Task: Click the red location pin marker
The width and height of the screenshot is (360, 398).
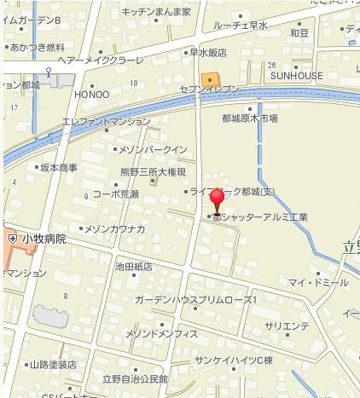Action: [218, 200]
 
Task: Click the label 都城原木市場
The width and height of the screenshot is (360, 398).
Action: [249, 118]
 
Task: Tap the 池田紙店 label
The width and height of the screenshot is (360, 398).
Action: [134, 266]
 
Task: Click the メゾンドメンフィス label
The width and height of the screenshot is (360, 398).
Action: [161, 333]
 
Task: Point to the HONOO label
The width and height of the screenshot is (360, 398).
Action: [92, 94]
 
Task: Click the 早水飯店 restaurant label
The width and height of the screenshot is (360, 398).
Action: [206, 52]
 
